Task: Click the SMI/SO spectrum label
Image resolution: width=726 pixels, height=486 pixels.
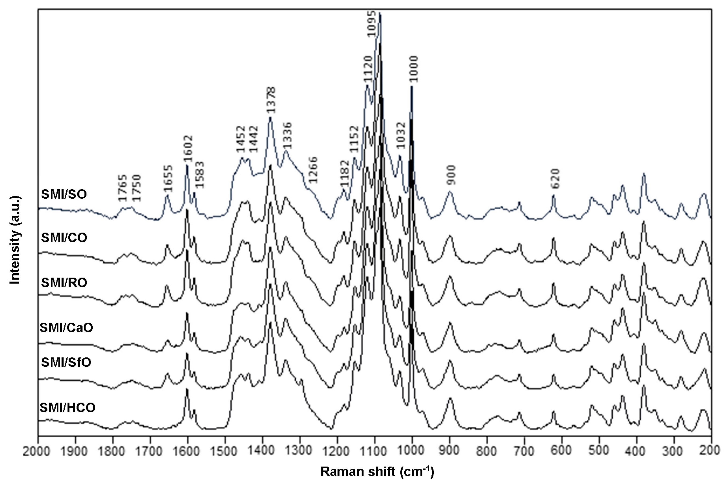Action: pyautogui.click(x=64, y=194)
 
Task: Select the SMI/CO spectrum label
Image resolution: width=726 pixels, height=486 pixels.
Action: pyautogui.click(x=64, y=238)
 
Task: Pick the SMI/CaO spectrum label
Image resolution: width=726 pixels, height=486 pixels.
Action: pyautogui.click(x=66, y=328)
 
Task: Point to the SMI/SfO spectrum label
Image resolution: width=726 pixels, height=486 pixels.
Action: pyautogui.click(x=66, y=362)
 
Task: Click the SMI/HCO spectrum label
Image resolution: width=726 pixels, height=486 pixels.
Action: pyautogui.click(x=67, y=407)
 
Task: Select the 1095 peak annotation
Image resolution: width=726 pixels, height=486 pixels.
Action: pyautogui.click(x=372, y=24)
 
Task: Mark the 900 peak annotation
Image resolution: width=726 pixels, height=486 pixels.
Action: pyautogui.click(x=451, y=175)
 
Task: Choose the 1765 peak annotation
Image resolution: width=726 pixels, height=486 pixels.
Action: pyautogui.click(x=123, y=188)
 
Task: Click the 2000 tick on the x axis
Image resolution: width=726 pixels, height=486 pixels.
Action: pyautogui.click(x=36, y=451)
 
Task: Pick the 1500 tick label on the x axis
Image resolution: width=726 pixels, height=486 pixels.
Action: pyautogui.click(x=225, y=451)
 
